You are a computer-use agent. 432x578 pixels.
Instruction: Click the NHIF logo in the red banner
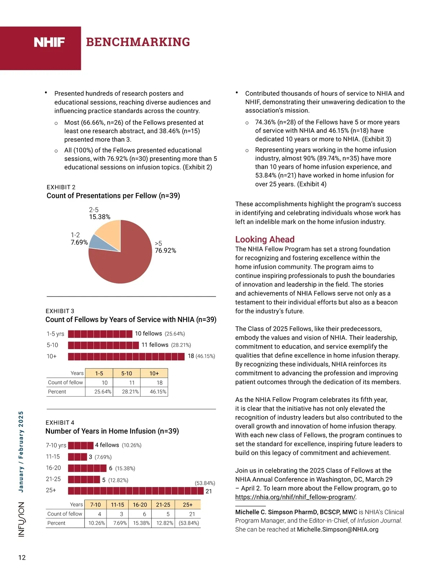[x=49, y=42]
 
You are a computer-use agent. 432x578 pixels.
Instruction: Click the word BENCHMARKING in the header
[x=138, y=42]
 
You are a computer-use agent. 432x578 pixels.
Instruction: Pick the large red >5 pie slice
[x=124, y=266]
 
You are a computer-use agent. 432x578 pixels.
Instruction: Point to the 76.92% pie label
[x=165, y=250]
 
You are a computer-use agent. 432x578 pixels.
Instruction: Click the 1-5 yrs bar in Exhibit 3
[x=100, y=334]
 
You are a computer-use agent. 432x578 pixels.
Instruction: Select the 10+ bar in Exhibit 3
[x=126, y=356]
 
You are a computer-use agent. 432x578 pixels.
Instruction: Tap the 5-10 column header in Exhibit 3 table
[x=126, y=374]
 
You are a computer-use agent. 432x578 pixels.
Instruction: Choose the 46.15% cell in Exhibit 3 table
[x=158, y=392]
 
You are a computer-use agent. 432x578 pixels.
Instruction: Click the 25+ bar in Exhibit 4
[x=136, y=491]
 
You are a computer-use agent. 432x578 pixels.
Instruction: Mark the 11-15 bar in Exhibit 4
[x=77, y=457]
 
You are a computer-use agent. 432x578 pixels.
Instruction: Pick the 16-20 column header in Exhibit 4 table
[x=140, y=505]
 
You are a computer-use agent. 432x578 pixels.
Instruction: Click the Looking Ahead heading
[x=265, y=239]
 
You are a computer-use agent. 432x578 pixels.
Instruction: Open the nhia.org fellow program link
[x=296, y=497]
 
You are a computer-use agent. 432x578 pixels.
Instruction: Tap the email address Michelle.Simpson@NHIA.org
[x=337, y=529]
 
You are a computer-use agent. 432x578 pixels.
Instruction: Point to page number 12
[x=22, y=557]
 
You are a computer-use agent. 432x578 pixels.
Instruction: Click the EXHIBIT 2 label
[x=61, y=187]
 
